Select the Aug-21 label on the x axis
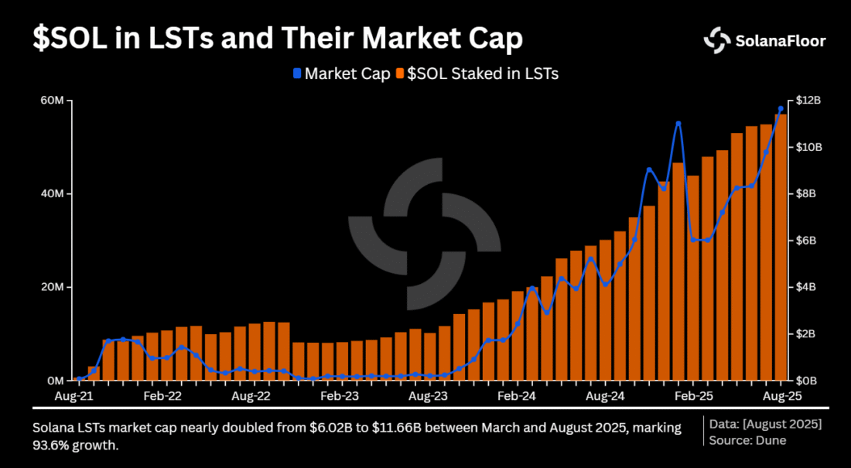[x=76, y=395]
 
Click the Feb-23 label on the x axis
[x=339, y=395]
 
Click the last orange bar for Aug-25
[x=781, y=248]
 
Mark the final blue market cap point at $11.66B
[x=781, y=109]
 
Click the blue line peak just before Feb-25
[x=678, y=124]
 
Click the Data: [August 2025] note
[x=765, y=425]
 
